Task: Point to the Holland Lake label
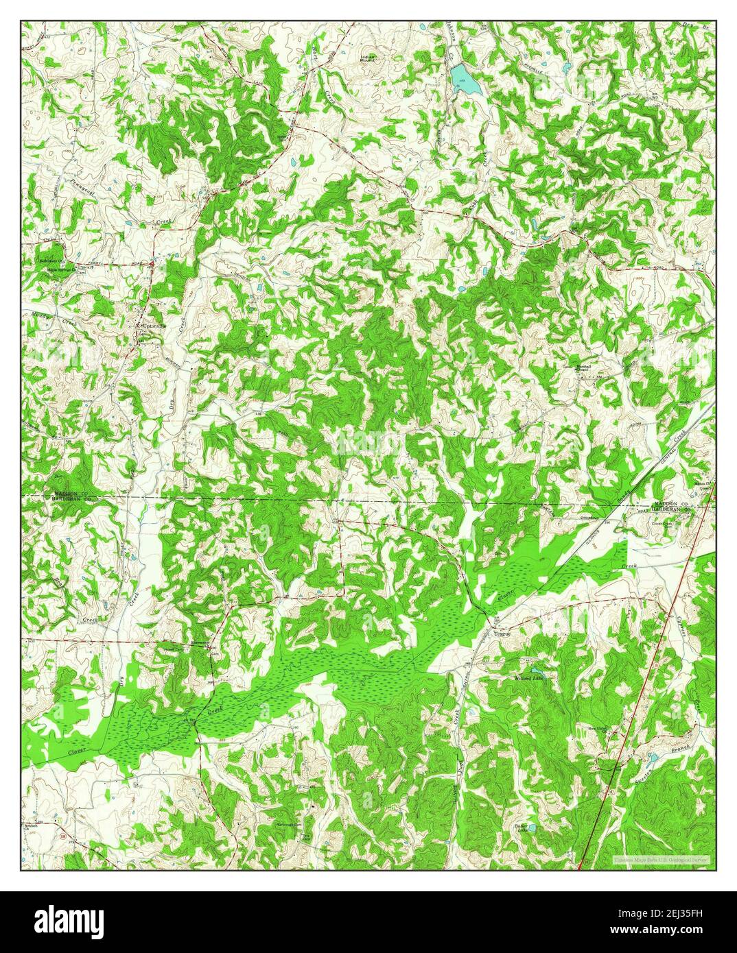coord(528,678)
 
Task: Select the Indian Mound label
coord(373,60)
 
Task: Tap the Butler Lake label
coord(525,828)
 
